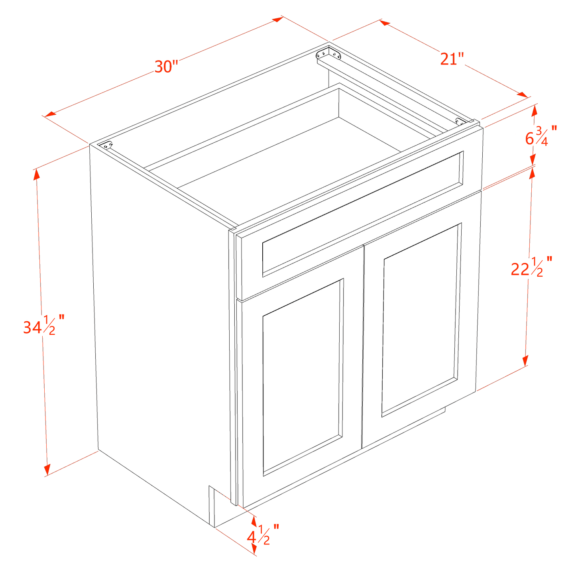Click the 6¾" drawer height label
click(541, 136)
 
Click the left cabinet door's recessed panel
click(302, 375)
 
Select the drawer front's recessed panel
click(362, 214)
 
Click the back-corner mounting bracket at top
click(329, 54)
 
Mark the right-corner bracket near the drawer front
click(459, 121)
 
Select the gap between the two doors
click(362, 347)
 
